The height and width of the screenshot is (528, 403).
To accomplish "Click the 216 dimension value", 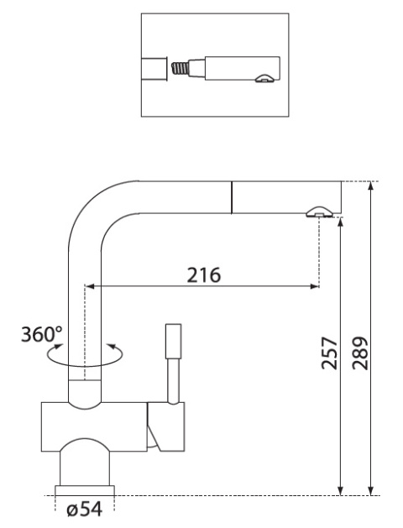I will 203,274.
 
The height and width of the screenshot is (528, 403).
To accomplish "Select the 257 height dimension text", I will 329,353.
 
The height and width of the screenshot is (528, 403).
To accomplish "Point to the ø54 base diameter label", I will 84,509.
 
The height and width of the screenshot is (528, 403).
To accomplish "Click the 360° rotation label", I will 42,334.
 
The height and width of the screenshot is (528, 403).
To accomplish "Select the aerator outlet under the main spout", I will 319,212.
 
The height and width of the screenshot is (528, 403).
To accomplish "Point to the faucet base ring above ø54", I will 85,490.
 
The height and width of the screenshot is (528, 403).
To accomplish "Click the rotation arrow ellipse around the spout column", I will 84,355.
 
